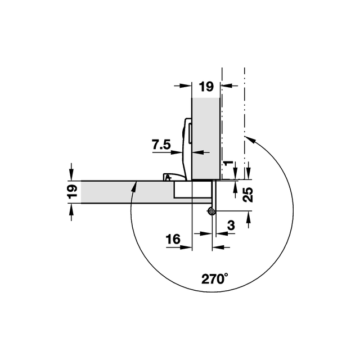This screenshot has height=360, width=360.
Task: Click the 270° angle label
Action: point(215,278)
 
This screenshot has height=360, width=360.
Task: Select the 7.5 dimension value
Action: point(161,145)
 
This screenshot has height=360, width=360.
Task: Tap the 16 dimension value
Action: point(173,240)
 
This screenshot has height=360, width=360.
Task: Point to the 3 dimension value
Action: point(231,226)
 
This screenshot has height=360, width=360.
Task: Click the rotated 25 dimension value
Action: point(247,195)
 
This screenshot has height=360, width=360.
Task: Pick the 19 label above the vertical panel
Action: point(206,87)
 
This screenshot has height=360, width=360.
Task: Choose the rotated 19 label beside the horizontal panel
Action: point(72,191)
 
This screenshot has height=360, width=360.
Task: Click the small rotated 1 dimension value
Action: point(228,163)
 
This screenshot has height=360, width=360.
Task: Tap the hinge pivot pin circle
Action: point(211,211)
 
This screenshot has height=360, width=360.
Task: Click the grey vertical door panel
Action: point(206,138)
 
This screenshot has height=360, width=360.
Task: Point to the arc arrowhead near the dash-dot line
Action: point(251,139)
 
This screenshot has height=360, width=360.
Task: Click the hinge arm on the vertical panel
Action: point(187,148)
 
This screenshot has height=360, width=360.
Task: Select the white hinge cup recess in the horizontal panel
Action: point(192,190)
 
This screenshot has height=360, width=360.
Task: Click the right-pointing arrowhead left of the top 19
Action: point(186,85)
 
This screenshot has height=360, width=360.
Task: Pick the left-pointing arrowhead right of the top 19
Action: point(226,85)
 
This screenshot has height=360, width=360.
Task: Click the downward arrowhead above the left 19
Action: point(71,175)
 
